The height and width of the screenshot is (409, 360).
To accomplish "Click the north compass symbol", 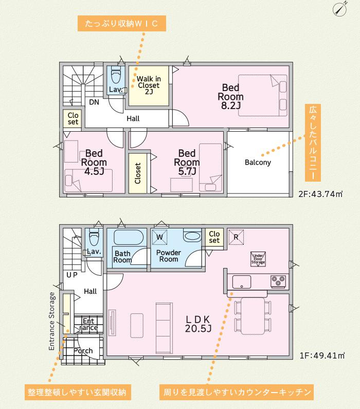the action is [x=340, y=9].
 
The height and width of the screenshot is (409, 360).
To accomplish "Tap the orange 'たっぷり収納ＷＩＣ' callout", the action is [x=122, y=24].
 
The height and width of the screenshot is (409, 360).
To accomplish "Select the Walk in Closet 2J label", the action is [x=149, y=85].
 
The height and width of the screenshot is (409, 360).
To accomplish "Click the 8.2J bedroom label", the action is [x=231, y=96].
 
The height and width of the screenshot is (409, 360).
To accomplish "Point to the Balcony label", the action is [x=258, y=162].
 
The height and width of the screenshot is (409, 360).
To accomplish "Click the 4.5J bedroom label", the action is [x=94, y=162].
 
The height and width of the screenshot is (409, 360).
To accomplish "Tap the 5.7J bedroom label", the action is [x=187, y=162].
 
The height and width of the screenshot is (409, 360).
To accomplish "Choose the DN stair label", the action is [x=94, y=102].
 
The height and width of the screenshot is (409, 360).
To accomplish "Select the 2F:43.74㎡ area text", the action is [x=320, y=194].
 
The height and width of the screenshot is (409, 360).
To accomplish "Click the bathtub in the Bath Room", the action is [x=129, y=237].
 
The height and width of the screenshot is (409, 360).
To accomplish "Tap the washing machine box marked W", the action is [x=159, y=237].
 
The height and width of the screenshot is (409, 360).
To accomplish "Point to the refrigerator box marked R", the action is [x=236, y=237].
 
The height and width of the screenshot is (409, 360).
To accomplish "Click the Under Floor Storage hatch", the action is [x=258, y=259].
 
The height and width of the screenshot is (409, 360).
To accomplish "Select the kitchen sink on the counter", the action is [x=242, y=282].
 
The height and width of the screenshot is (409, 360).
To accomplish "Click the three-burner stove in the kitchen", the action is [x=278, y=282].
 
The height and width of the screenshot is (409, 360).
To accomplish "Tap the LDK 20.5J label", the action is [x=198, y=324].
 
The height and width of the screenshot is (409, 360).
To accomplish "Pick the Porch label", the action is [x=83, y=351].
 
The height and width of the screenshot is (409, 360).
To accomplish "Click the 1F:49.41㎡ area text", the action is [x=322, y=355].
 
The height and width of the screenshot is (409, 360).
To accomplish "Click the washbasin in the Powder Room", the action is [x=192, y=236].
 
